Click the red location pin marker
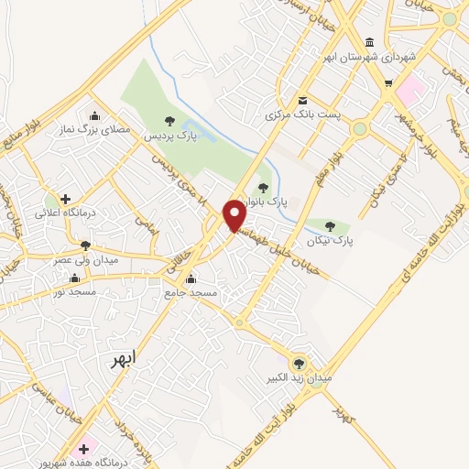tap(234, 215)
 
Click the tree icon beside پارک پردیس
tap(168, 120)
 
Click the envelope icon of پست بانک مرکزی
tap(301, 100)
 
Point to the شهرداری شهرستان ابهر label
tap(369, 58)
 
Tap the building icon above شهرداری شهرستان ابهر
tap(369, 42)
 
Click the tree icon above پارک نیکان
tap(330, 225)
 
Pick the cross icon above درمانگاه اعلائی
tap(65, 198)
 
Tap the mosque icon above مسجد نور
tap(75, 278)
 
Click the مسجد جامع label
tap(191, 293)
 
